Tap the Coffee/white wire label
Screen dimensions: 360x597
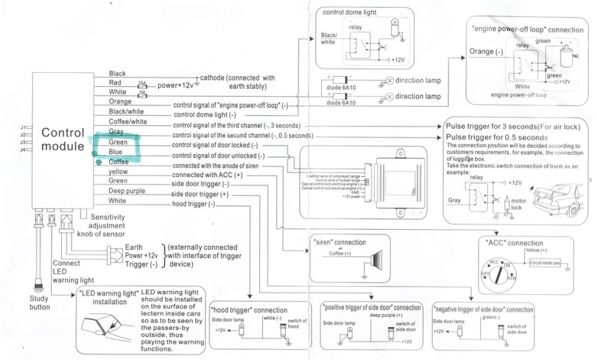pyautogui.click(x=128, y=122)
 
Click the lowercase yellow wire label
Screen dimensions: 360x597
pyautogui.click(x=118, y=171)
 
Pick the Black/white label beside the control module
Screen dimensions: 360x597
pyautogui.click(x=126, y=112)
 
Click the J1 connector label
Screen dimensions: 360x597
pyautogui.click(x=23, y=127)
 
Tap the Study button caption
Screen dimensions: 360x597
pyautogui.click(x=40, y=303)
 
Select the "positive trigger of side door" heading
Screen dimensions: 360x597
pyautogui.click(x=371, y=307)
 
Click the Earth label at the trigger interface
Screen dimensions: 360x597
pyautogui.click(x=135, y=246)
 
